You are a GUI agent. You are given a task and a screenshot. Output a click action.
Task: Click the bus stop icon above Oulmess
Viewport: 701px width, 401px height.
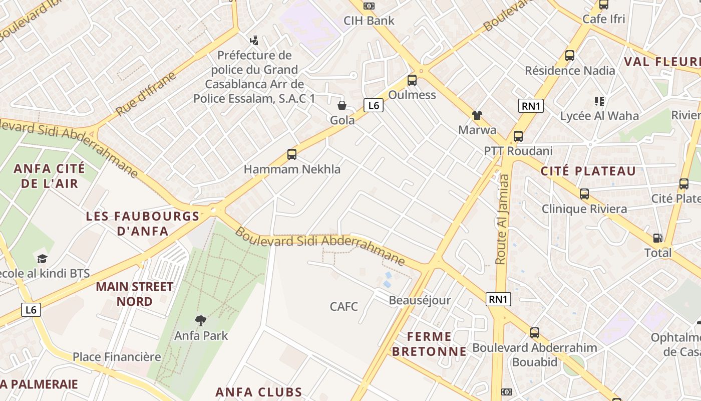click(412, 80)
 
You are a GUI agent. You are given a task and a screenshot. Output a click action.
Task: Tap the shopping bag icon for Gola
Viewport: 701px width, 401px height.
click(342, 105)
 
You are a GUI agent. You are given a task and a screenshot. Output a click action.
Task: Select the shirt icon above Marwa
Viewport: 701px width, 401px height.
click(477, 115)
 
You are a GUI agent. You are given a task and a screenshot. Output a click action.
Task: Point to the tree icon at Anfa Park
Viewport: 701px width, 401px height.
click(201, 320)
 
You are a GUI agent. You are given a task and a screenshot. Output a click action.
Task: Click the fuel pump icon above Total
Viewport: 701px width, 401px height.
click(657, 238)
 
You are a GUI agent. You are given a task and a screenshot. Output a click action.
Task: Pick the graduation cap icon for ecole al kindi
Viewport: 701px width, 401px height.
click(42, 259)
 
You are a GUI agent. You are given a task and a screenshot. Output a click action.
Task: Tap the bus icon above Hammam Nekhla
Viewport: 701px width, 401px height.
click(292, 154)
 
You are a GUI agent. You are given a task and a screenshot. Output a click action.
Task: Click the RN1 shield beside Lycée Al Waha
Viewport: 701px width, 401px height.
click(531, 106)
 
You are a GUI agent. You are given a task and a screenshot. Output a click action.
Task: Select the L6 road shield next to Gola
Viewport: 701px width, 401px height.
click(373, 105)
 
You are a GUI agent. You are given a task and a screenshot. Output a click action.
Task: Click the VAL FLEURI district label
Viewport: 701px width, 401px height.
click(661, 62)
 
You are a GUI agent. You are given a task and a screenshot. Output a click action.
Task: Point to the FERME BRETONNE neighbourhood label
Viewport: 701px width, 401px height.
click(429, 344)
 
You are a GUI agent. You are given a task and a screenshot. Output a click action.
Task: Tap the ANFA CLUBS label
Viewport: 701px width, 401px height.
click(259, 392)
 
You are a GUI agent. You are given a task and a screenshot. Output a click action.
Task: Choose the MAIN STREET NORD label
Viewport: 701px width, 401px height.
click(135, 294)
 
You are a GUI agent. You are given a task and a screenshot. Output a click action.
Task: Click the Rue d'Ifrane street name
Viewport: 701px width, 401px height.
click(146, 94)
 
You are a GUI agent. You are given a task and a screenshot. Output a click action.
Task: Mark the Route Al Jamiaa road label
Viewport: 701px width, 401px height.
click(502, 219)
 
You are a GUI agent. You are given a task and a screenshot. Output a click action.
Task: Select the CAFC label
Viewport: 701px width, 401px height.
click(344, 306)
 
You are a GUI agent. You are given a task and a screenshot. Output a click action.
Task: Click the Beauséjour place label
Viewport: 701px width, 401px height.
click(420, 300)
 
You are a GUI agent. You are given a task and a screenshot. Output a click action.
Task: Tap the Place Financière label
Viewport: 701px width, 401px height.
click(117, 357)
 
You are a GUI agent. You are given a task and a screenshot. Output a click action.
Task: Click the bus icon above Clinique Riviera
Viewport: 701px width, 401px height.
click(584, 194)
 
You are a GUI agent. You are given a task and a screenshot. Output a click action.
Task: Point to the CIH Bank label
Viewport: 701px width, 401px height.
click(369, 21)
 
